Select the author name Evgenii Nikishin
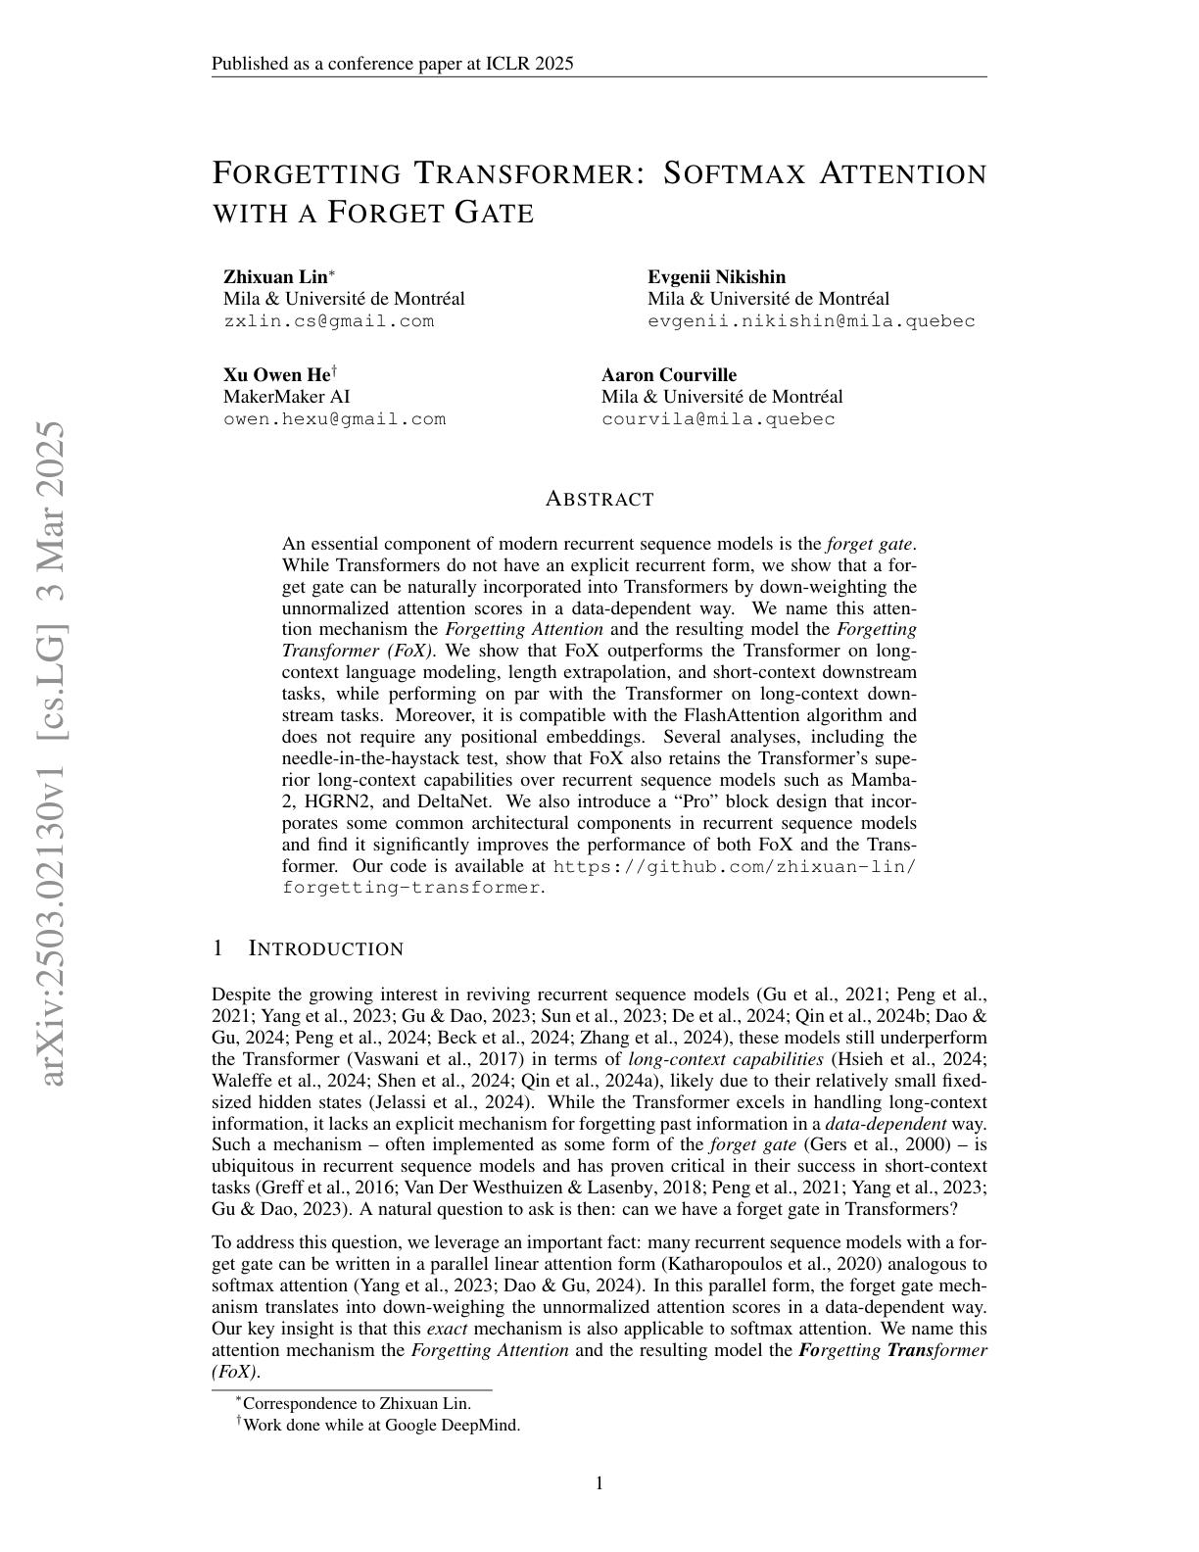coord(716,277)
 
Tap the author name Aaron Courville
coord(668,375)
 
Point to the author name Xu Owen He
coord(277,375)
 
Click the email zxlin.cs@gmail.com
coord(328,321)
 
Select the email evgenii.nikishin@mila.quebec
coord(811,321)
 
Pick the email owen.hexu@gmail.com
coord(334,419)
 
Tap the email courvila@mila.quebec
coord(718,419)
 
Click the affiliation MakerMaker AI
coord(286,397)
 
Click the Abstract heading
coord(599,500)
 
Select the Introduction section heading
coord(325,948)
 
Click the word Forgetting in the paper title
coord(306,173)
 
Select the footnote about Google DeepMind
coord(381,1425)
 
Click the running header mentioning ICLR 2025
coord(392,65)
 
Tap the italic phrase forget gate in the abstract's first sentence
coord(870,544)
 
